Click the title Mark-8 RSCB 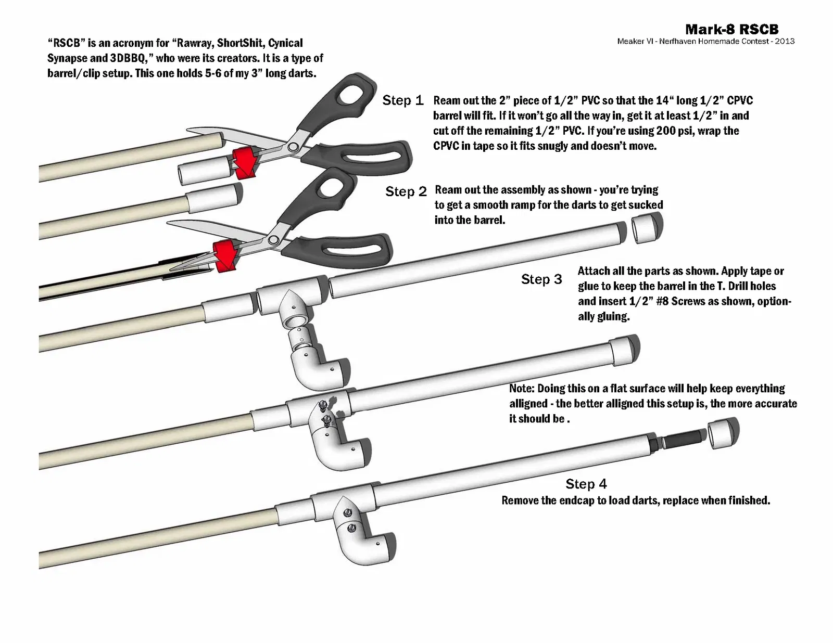pyautogui.click(x=731, y=29)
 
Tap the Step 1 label pyautogui.click(x=402, y=100)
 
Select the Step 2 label pyautogui.click(x=406, y=191)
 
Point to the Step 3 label pyautogui.click(x=541, y=279)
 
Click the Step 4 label pyautogui.click(x=586, y=484)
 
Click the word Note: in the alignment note pyautogui.click(x=522, y=389)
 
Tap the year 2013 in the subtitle pyautogui.click(x=785, y=42)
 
